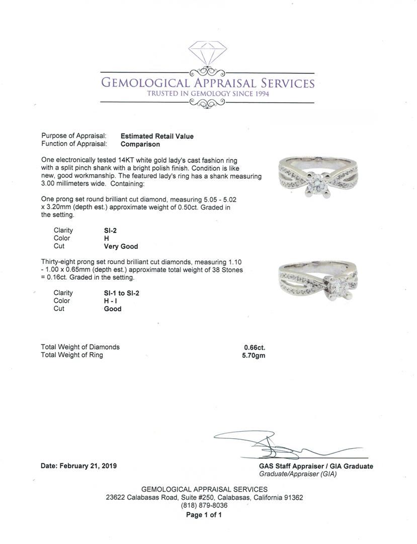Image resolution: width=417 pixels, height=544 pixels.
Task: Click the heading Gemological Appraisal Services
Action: tap(208, 83)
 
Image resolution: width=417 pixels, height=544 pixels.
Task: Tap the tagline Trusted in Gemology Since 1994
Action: tap(208, 94)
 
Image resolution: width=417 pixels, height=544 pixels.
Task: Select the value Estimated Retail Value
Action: tap(157, 136)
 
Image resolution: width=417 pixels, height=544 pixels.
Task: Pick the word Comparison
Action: tap(140, 144)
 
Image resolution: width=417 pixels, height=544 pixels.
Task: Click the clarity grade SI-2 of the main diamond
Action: tap(110, 230)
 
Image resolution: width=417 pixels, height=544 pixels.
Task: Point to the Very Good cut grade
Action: tap(121, 246)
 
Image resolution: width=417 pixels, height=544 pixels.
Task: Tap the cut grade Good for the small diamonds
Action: tap(113, 309)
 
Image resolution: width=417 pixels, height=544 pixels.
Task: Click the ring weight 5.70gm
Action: tap(254, 355)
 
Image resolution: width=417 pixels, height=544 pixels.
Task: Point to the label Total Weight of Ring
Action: tap(72, 355)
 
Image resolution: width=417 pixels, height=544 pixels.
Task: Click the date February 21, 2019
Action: tap(78, 466)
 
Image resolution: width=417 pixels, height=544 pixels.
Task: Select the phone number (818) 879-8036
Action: tap(204, 505)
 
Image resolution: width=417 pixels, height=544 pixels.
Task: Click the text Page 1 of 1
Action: tap(204, 515)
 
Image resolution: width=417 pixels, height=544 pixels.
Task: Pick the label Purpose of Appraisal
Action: tap(74, 136)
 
